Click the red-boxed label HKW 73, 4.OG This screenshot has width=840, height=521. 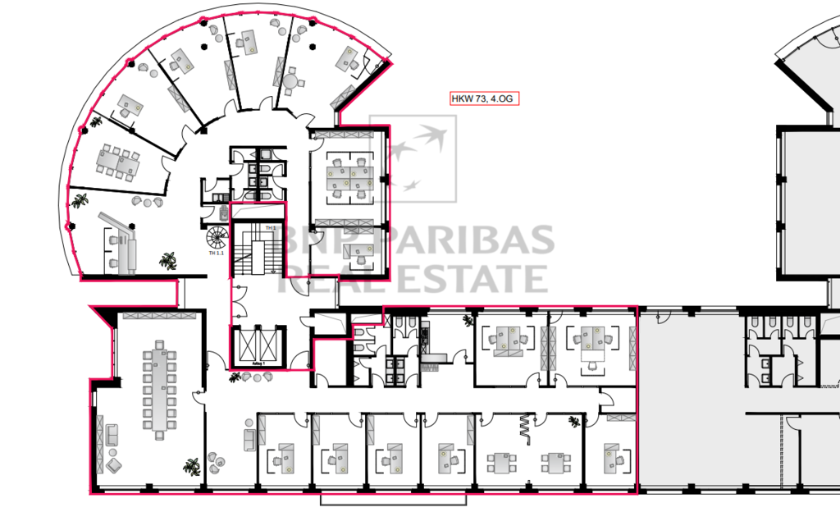point(484,99)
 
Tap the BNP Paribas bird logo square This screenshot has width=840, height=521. point(413,158)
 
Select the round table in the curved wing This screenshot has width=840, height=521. point(292,81)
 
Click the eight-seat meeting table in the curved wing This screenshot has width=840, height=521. point(115,160)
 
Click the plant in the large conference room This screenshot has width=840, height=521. point(192,466)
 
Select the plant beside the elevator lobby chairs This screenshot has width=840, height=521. point(236,377)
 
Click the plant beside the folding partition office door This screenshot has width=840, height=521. point(573,421)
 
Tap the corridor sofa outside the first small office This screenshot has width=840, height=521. point(249,437)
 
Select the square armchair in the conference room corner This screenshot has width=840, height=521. point(113,466)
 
